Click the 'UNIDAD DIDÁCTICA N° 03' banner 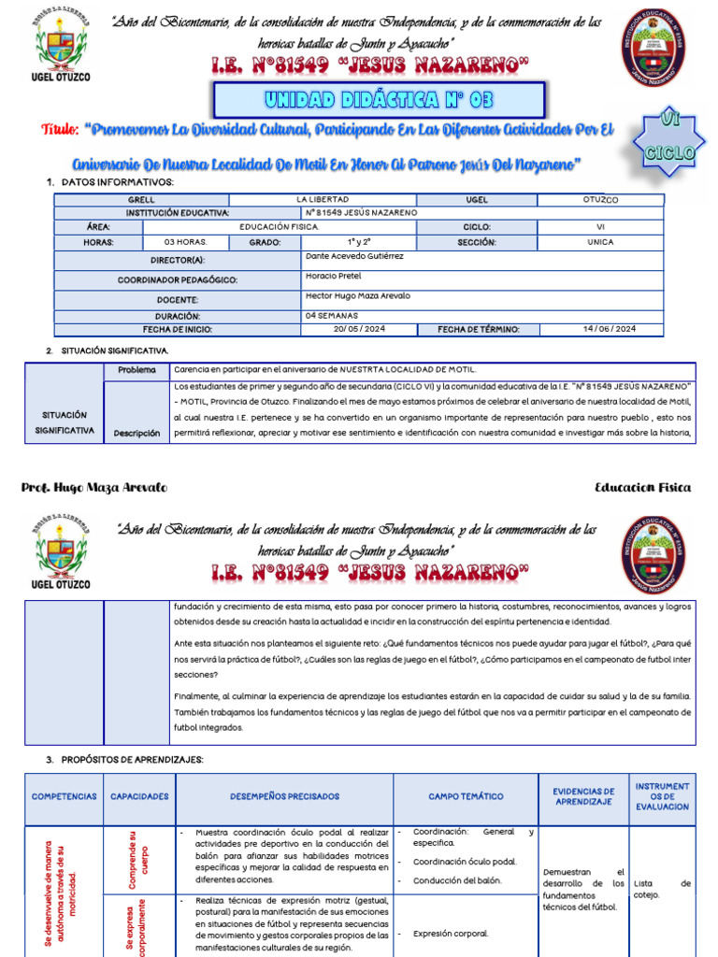379,100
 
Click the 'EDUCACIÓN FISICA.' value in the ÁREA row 279,227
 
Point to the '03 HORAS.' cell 186,242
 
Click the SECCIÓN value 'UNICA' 600,242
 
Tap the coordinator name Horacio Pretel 334,276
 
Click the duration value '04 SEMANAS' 331,316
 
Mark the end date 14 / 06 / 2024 609,329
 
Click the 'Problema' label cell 136,370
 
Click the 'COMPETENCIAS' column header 64,796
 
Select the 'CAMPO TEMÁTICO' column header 466,796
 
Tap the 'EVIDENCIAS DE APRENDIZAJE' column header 583,796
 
